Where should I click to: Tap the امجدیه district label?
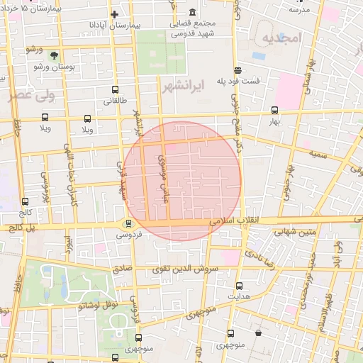tap(281, 37)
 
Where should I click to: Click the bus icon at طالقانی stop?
tap(116, 89)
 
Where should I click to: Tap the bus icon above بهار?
tap(275, 110)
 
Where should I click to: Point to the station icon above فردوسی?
tap(128, 223)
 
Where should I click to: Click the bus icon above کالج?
tap(26, 201)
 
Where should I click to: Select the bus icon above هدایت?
tap(239, 286)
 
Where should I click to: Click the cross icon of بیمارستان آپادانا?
tap(115, 13)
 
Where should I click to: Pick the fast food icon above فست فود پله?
tap(237, 70)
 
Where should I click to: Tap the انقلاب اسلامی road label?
tap(233, 223)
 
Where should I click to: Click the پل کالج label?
tap(21, 228)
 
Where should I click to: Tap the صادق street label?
tap(122, 269)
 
